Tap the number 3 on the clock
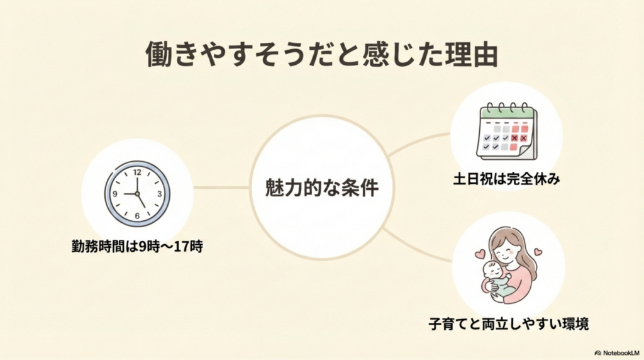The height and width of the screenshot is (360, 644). [160, 194]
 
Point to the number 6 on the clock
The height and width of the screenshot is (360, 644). [137, 215]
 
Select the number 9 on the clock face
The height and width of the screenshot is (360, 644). [114, 194]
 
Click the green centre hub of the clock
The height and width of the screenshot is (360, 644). [137, 194]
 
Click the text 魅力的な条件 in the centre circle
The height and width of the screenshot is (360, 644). [322, 188]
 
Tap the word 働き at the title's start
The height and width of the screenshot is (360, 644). [168, 55]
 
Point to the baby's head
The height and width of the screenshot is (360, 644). [494, 271]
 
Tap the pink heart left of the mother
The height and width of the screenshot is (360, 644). [479, 254]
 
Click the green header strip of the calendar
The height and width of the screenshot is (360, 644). [506, 113]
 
